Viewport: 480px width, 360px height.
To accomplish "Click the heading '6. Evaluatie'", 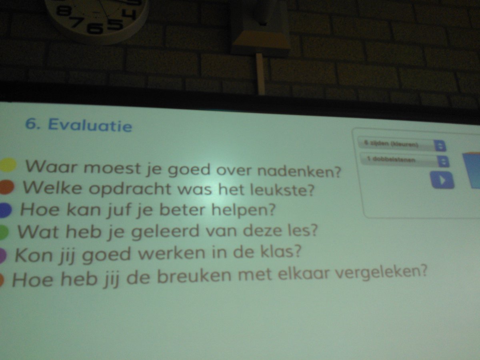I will coord(78,125).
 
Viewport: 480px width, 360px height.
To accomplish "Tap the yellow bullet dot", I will coord(8,165).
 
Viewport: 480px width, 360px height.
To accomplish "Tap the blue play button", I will coord(442,180).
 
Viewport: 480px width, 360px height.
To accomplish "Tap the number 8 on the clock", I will coord(63,11).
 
